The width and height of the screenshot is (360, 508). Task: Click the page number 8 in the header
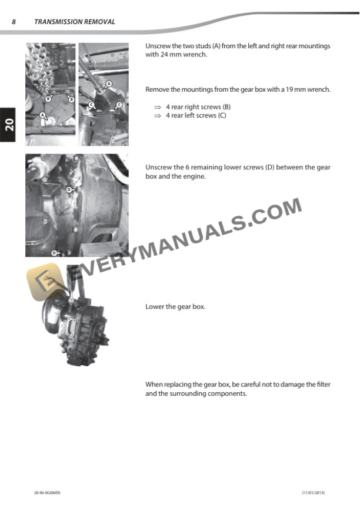[x=14, y=22]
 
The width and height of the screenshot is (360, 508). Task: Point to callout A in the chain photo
[x=42, y=116]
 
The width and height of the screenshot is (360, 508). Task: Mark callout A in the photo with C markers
[x=108, y=85]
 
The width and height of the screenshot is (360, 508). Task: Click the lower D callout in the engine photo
[x=54, y=253]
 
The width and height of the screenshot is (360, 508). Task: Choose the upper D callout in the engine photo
[x=68, y=189]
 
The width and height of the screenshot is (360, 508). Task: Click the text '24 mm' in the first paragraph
[x=163, y=55]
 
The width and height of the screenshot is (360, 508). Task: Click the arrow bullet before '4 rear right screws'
[x=157, y=108]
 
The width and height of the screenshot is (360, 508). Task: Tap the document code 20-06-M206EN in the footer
[x=47, y=492]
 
